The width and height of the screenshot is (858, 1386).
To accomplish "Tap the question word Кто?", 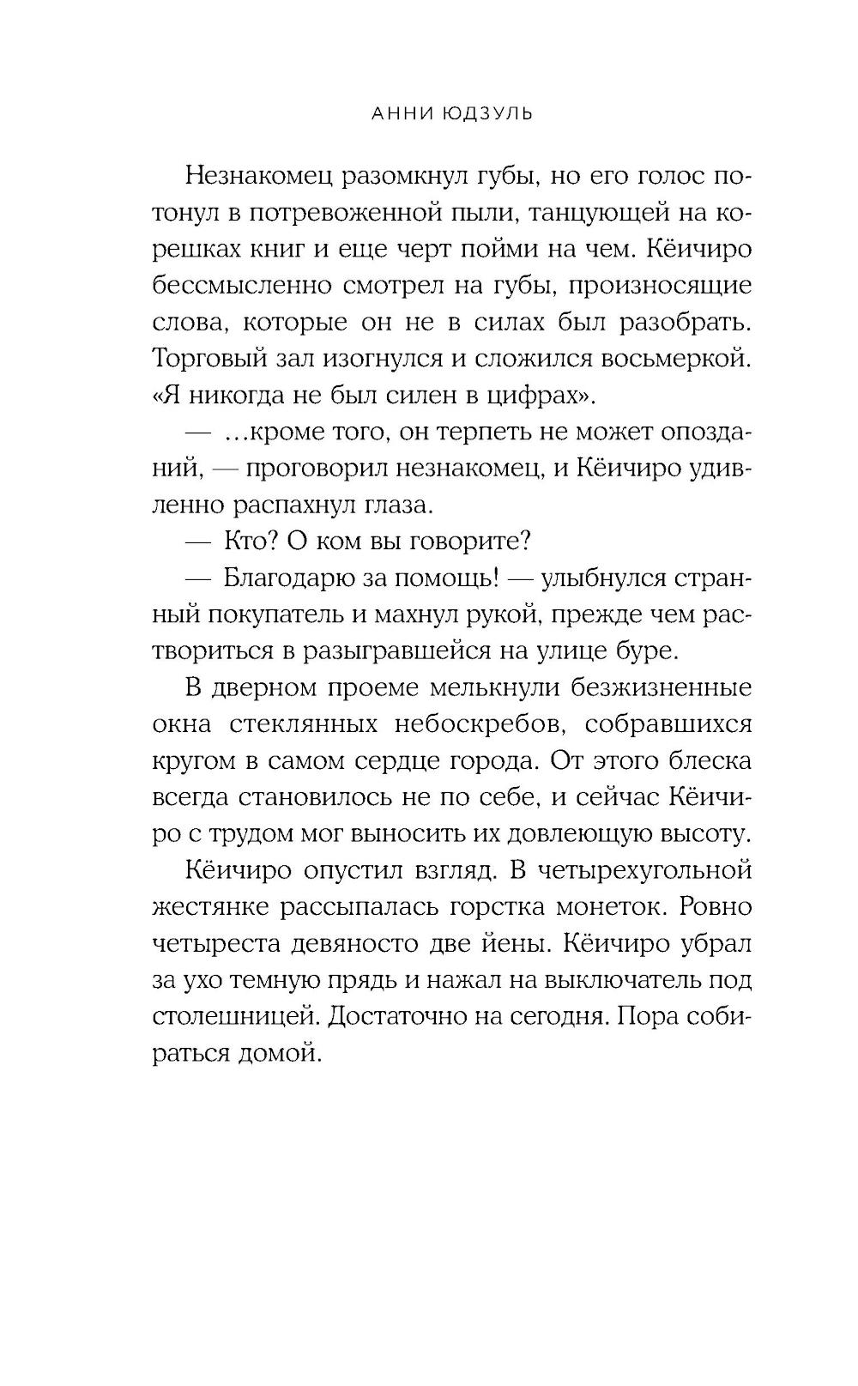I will [x=254, y=542].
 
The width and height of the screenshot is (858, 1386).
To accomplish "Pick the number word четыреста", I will [x=220, y=943].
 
